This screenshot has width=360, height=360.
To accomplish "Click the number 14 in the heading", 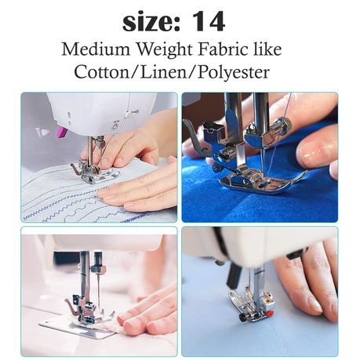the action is pos(209,22).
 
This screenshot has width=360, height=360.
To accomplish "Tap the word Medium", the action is pos(96,49).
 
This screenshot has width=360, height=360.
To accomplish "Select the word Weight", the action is pos(165,50).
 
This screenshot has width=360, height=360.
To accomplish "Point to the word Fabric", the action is pos(223,49).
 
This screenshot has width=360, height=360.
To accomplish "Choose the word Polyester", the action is pos(233,73).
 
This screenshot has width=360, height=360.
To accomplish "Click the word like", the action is pos(267,49).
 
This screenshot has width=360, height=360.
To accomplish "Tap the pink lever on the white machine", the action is pos(62,132).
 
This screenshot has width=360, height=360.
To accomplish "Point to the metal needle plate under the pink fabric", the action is pos(78,328).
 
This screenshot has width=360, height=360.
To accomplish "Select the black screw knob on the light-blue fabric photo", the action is pos(242,317).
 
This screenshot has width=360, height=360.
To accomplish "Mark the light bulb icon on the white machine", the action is pos(115,127).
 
